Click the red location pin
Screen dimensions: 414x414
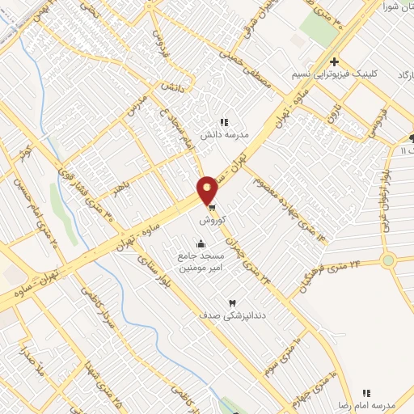(x=208, y=190)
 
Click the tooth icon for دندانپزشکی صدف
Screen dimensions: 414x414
(x=233, y=302)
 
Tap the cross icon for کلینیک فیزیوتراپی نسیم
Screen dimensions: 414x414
(x=333, y=61)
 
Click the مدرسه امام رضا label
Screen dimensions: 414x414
(x=365, y=403)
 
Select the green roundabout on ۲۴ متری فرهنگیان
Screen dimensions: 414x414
(x=389, y=260)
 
